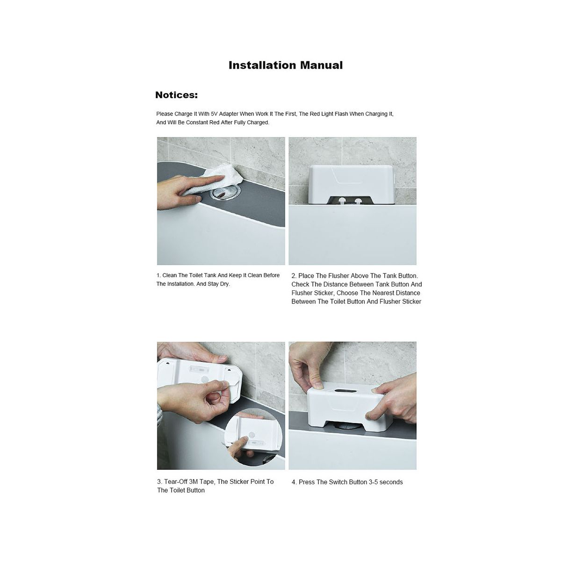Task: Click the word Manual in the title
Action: (321, 65)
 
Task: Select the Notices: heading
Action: (176, 95)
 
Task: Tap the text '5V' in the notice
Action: (214, 114)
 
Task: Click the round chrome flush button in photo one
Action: (226, 193)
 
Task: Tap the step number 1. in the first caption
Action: (158, 275)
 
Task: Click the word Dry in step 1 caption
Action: (225, 284)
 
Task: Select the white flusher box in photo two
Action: (352, 184)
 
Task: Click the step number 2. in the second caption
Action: (294, 276)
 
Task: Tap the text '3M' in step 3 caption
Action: (194, 482)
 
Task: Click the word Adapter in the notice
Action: (229, 114)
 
